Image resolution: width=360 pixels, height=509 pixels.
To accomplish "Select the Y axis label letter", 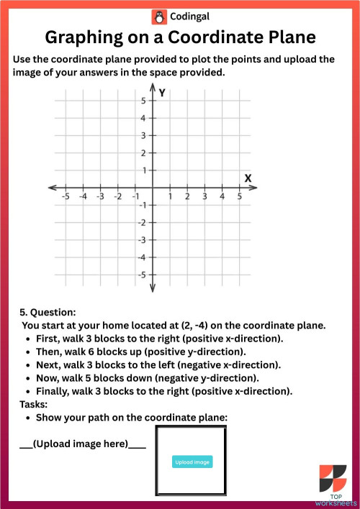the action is click(163, 93).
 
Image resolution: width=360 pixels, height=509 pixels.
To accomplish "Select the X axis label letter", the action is click(248, 178).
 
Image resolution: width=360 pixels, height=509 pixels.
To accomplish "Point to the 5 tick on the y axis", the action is click(152, 101).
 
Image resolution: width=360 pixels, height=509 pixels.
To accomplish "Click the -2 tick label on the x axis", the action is click(117, 196).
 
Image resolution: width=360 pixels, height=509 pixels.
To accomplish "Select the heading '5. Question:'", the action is click(48, 313).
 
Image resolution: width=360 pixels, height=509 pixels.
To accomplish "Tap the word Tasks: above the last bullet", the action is click(34, 404).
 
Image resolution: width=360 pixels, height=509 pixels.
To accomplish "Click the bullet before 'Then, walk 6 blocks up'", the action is click(27, 352).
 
